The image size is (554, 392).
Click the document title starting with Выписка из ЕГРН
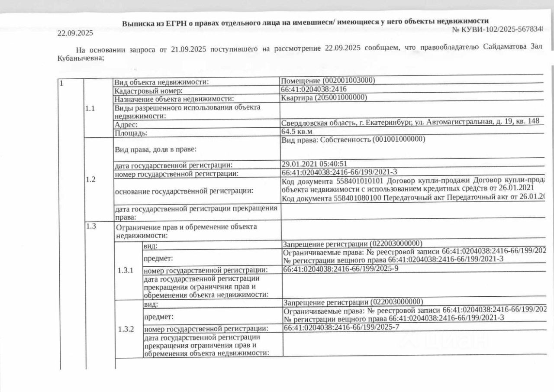305,22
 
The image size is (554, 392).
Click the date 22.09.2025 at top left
75,33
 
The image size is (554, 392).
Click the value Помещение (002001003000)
328,81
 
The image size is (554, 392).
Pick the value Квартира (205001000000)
324,97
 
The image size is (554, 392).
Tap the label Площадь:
131,133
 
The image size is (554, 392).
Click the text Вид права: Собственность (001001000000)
353,139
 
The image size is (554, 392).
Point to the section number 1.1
90,109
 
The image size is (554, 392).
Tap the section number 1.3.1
126,270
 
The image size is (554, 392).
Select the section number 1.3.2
126,329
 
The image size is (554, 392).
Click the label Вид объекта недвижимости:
161,82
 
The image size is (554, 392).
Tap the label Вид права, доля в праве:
155,149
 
